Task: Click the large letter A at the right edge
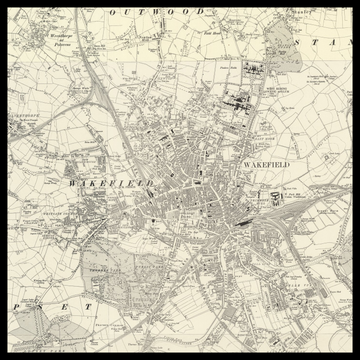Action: pyautogui.click(x=341, y=43)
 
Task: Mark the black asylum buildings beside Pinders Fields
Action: pyautogui.click(x=239, y=97)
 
